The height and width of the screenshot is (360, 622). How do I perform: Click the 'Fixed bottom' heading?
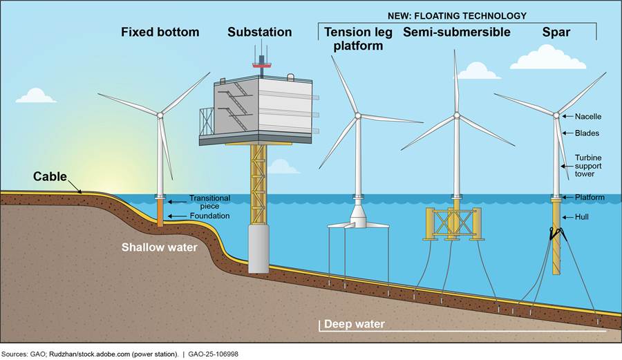click(x=160, y=32)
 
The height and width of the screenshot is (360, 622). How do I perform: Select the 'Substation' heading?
click(x=259, y=32)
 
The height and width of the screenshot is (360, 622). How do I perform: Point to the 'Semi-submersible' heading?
click(x=457, y=32)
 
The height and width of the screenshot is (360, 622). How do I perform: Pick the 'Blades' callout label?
click(x=587, y=133)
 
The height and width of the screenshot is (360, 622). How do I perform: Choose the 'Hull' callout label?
click(x=583, y=217)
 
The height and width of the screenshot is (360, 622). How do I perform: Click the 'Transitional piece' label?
click(x=209, y=202)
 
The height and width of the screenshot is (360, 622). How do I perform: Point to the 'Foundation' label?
click(x=209, y=216)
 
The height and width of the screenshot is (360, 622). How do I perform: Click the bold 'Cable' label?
click(x=50, y=177)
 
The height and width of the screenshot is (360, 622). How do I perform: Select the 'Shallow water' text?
click(x=160, y=247)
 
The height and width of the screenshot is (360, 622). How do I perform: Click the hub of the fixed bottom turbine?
click(x=160, y=115)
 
